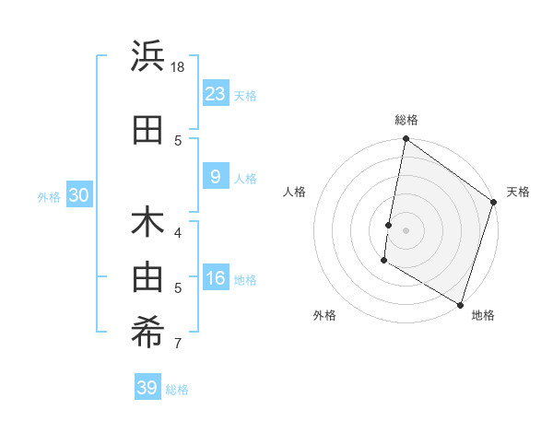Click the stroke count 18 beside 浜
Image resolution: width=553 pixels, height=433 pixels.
coord(179,68)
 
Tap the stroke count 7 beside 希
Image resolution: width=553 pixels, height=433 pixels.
coord(178,345)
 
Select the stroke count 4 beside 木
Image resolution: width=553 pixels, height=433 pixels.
coord(178,232)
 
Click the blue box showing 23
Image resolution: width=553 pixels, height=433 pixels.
coord(215,93)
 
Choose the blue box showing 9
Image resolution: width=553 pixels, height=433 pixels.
coord(215,177)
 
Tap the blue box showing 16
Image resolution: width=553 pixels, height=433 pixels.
coord(215,278)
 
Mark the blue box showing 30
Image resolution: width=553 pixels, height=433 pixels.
coord(78,194)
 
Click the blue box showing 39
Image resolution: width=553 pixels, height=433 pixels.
coord(147,388)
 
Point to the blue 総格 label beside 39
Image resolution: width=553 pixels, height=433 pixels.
coord(178,390)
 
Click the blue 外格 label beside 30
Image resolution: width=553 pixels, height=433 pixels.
coord(49,196)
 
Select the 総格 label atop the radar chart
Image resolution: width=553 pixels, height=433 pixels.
coord(406,120)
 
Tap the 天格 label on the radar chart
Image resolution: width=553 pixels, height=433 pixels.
coord(518,193)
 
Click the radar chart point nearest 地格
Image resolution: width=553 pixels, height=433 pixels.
coord(460,304)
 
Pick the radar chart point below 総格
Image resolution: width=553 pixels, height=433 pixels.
coord(406,139)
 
